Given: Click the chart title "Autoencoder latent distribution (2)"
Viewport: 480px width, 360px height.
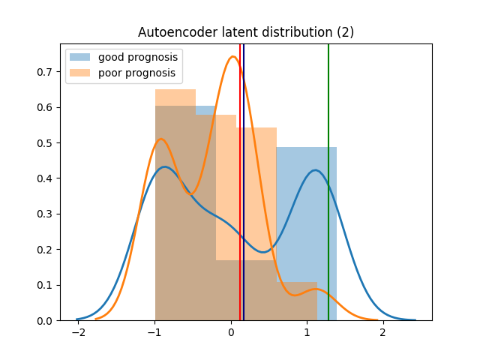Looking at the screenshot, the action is pos(246,32).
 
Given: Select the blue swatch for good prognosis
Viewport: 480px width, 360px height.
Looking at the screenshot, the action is pos(80,57).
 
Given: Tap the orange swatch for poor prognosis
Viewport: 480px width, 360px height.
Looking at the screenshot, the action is pos(80,73).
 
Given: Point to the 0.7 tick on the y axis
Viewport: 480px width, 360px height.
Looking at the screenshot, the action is pos(45,72).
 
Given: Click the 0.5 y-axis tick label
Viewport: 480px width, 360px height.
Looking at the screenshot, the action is pos(45,143).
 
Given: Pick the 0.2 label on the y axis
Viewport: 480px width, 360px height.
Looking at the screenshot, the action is pos(45,250).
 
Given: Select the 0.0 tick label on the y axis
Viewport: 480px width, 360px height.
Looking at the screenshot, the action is pos(45,321).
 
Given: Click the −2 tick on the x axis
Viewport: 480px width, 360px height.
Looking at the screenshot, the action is pos(78,332).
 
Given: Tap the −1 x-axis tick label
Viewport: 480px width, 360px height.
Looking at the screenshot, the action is pos(154,332).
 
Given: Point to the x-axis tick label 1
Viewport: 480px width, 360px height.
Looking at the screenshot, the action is pos(307,332).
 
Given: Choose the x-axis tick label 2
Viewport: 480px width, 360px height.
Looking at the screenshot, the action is pos(383,332).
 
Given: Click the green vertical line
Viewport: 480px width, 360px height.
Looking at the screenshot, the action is pos(328,182).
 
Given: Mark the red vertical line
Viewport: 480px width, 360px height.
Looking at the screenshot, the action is pos(240,182).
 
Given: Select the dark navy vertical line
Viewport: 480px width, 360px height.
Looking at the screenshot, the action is pos(244,182).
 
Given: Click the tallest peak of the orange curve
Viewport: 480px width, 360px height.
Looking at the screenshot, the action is pos(233,57).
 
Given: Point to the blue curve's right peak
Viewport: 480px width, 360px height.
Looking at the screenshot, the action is pos(315,170).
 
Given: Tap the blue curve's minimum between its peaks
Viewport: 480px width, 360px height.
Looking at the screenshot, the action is pos(263,252).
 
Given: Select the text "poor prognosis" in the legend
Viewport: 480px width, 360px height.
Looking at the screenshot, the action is pos(136,73).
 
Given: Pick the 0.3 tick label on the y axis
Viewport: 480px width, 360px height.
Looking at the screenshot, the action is pos(45,214).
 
